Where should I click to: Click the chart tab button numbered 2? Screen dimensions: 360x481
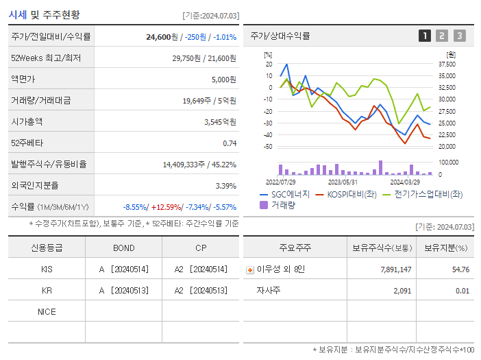point(442,36)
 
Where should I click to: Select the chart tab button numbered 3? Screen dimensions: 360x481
point(459,36)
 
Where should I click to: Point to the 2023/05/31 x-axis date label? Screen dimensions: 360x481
point(343,182)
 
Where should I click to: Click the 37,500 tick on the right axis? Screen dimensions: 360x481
point(447,64)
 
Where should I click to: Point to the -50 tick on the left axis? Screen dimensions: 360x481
point(267,147)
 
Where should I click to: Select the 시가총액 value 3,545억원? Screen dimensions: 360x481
point(220,122)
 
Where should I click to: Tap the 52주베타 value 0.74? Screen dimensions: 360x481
point(230,143)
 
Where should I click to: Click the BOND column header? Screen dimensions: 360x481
point(123,248)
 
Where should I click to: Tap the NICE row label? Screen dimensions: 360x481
point(47,312)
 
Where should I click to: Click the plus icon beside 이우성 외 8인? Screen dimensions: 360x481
point(249,269)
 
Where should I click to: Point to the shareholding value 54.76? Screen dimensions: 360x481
point(461,269)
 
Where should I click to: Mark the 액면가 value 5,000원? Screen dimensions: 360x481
point(223,80)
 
